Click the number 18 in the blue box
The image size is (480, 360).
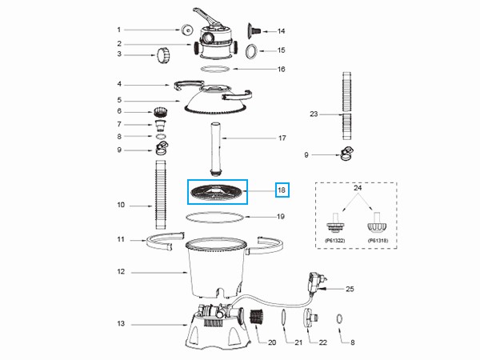coord(280,190)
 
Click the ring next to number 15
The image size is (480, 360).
coord(250,51)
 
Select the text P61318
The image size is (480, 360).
coord(378,239)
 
